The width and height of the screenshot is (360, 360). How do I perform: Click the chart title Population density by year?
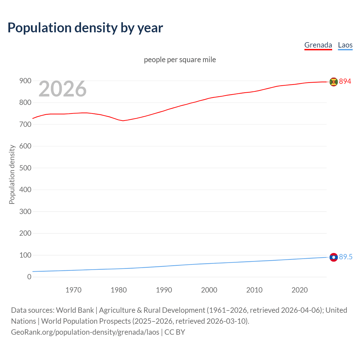85,28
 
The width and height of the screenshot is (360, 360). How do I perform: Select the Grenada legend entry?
318,45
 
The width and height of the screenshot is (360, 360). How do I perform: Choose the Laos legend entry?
345,45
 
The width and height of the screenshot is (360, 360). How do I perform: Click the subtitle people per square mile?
180,60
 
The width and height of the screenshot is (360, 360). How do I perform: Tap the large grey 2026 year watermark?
62,89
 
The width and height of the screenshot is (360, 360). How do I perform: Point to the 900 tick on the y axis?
25,81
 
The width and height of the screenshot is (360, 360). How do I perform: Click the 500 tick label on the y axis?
25,168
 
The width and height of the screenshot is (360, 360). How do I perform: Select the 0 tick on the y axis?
29,277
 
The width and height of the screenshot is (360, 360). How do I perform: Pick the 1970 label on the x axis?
73,290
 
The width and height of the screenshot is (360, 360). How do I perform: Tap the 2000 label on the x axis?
209,290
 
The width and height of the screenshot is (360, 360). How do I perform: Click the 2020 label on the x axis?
300,290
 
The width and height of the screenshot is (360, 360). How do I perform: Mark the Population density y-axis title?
12,174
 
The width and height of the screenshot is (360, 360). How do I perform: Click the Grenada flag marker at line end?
334,82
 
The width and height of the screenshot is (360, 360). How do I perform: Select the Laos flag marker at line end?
334,257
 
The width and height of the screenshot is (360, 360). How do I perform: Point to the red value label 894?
345,81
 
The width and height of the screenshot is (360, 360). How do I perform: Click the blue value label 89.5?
346,257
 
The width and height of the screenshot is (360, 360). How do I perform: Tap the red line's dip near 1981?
123,121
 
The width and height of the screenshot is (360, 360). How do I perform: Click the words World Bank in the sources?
75,310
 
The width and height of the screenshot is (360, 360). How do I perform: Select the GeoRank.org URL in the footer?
85,332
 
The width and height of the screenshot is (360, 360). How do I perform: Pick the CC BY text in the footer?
175,332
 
